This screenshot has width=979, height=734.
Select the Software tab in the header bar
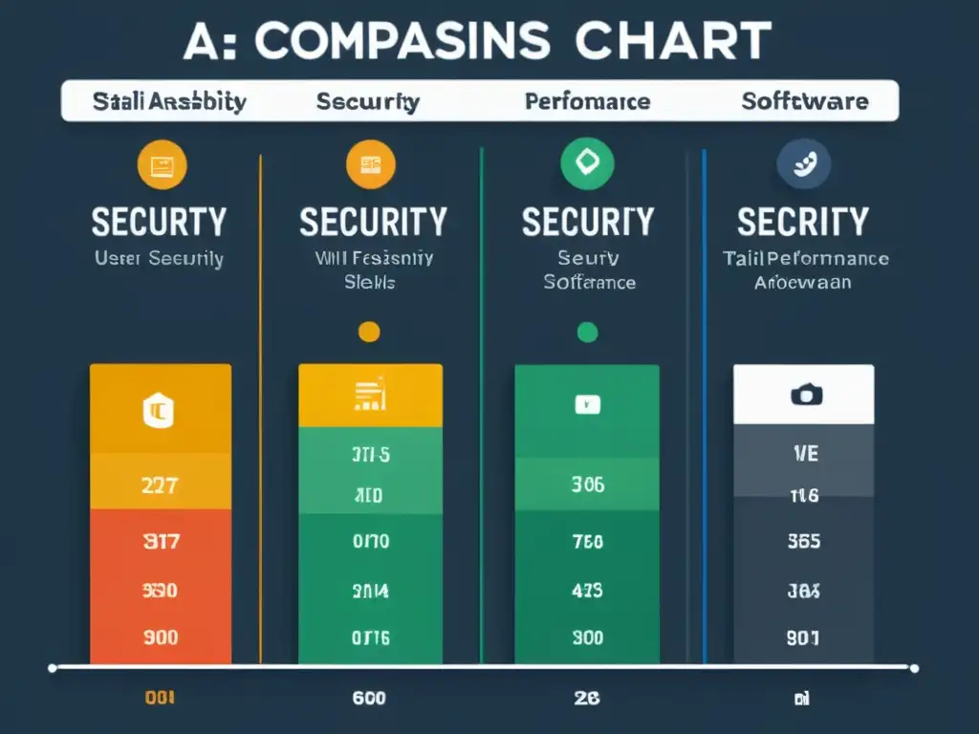pyautogui.click(x=805, y=101)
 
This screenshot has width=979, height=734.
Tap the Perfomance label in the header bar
pyautogui.click(x=587, y=101)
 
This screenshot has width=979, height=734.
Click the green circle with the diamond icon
pyautogui.click(x=586, y=164)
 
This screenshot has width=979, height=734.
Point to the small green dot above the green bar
pyautogui.click(x=587, y=333)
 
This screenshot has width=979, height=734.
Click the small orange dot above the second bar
pyautogui.click(x=368, y=333)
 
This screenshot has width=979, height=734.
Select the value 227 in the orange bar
pyautogui.click(x=159, y=485)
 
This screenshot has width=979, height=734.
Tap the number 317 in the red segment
pyautogui.click(x=159, y=542)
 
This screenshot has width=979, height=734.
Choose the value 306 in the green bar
pyautogui.click(x=587, y=485)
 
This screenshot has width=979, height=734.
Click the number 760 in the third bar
pyautogui.click(x=587, y=542)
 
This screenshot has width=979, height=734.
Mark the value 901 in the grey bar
pyautogui.click(x=803, y=637)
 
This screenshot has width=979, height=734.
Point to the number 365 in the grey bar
pyautogui.click(x=803, y=542)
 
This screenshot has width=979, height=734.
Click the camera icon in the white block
pyautogui.click(x=805, y=394)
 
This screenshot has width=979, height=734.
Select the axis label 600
pyautogui.click(x=368, y=698)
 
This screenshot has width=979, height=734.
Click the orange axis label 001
pyautogui.click(x=159, y=698)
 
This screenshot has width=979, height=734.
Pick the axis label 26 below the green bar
pyautogui.click(x=587, y=698)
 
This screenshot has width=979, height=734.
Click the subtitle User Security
pyautogui.click(x=159, y=258)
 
